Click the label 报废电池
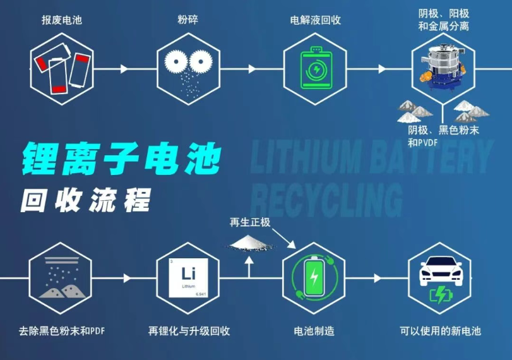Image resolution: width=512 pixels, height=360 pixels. click(x=62, y=20)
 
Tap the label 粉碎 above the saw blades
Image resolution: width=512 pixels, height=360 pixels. click(x=188, y=20)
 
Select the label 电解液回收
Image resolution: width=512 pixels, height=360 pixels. click(x=316, y=20)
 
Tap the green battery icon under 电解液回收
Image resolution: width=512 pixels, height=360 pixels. click(x=316, y=68)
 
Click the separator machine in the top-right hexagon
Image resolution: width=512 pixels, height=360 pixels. click(x=443, y=68)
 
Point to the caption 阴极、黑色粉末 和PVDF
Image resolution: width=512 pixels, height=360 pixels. click(x=443, y=136)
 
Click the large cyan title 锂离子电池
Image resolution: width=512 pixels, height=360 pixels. click(x=121, y=159)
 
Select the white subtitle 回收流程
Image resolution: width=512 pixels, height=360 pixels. click(x=86, y=200)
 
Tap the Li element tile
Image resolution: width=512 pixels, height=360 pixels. click(x=188, y=278)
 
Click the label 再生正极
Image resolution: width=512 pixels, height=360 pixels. click(x=250, y=222)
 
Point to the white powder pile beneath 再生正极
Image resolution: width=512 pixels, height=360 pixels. click(x=250, y=243)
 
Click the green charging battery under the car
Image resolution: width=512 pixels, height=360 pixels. click(x=441, y=295)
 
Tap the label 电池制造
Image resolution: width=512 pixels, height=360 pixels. click(x=314, y=331)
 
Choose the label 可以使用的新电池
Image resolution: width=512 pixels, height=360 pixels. click(x=440, y=331)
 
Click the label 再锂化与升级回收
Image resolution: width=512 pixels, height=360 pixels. click(x=189, y=331)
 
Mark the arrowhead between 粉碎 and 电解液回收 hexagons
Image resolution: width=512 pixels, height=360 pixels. click(x=252, y=69)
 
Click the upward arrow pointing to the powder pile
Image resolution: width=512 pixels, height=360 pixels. click(x=249, y=267)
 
